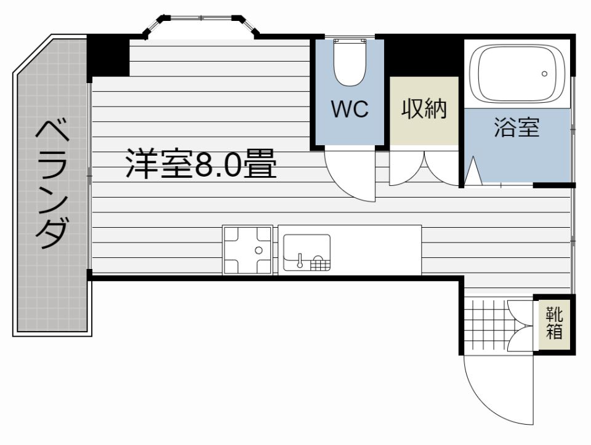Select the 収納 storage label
coord(424,109)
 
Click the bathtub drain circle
coord(544,73)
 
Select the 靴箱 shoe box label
coord(555,324)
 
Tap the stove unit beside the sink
coord(247,250)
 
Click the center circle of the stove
coord(259,250)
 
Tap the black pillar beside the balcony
coord(108,56)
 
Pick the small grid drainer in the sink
coord(320,264)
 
